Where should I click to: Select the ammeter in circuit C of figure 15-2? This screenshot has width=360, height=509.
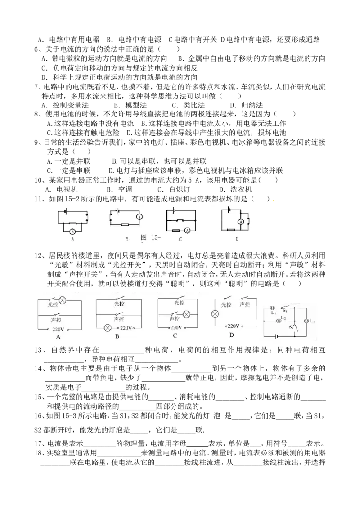pos(187,230)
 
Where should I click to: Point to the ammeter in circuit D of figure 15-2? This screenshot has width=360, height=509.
pos(241,222)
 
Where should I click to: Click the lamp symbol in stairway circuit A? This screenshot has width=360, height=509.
pos(63,300)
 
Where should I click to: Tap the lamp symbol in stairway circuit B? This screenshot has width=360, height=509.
pos(107,328)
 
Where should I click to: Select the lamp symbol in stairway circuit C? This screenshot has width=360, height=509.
pos(186,314)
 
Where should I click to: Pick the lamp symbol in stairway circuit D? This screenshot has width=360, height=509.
pos(215,314)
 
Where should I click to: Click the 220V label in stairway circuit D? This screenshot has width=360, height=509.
pos(233,326)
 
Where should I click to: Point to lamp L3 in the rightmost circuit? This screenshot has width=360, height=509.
pos(306,321)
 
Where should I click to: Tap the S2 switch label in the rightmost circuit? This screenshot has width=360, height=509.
pos(291,327)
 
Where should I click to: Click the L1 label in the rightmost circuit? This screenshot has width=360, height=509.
pos(273,313)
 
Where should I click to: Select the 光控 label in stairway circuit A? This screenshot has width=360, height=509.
pos(53,304)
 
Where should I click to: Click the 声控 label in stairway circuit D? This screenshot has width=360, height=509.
pos(245,304)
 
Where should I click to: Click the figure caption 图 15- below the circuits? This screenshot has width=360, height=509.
pos(151,237)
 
